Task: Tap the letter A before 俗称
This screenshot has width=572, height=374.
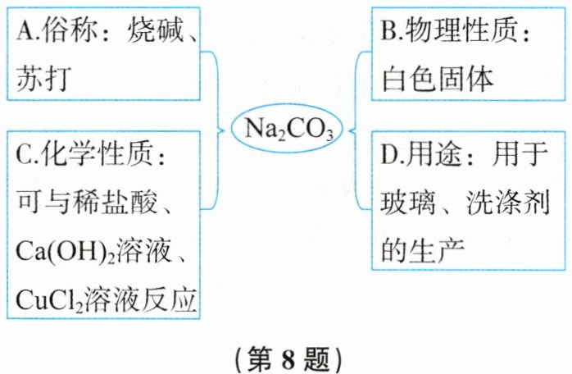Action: (x=23, y=33)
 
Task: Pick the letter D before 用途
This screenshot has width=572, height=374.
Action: (x=390, y=153)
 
